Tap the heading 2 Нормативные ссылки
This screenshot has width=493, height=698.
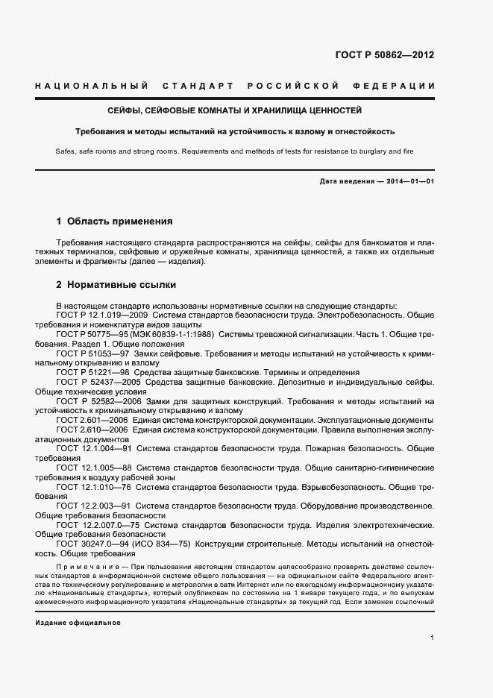[116, 285]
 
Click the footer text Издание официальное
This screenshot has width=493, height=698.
[78, 601]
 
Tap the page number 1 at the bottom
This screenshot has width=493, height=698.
[432, 637]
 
